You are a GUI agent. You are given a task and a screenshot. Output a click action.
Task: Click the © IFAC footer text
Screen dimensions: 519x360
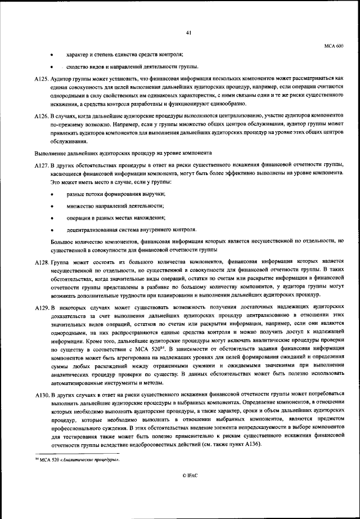pyautogui.click(x=190, y=476)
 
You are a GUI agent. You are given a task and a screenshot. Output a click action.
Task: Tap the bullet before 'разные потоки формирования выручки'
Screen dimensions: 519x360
pyautogui.click(x=52, y=194)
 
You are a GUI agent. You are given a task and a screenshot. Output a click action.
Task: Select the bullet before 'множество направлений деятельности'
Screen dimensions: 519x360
pyautogui.click(x=52, y=206)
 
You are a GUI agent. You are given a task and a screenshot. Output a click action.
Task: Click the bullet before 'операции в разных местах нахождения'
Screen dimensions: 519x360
pyautogui.click(x=52, y=218)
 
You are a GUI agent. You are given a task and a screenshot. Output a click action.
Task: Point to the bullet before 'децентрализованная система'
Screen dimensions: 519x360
pyautogui.click(x=52, y=230)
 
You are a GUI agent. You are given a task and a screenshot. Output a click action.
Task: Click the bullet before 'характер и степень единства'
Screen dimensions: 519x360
pyautogui.click(x=52, y=55)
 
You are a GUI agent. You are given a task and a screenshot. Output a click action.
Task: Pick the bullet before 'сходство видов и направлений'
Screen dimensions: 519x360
pyautogui.click(x=52, y=67)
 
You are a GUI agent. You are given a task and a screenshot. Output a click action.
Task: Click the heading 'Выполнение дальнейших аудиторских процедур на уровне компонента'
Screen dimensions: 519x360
pyautogui.click(x=123, y=153)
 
